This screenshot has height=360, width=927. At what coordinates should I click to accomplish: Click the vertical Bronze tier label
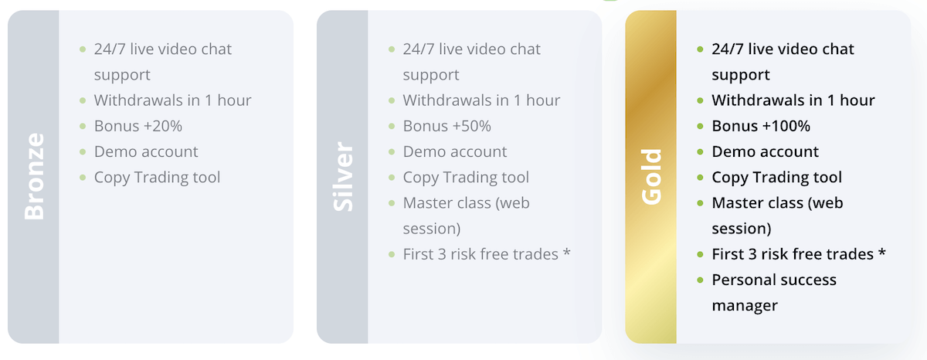[x=34, y=176]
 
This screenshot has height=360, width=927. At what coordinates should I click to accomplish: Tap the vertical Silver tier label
[x=343, y=177]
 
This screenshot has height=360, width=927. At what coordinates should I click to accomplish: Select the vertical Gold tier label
[x=651, y=177]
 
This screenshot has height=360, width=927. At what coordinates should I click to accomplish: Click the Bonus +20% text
[x=138, y=126]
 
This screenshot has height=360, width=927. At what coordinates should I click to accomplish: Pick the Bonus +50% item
[x=447, y=126]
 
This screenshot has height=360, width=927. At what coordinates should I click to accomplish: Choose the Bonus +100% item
[x=761, y=126]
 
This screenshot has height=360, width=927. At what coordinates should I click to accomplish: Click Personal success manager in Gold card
[x=774, y=293]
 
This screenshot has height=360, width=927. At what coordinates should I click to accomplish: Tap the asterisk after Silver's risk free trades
[x=566, y=252]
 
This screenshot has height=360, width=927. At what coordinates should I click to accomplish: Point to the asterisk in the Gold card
[x=881, y=252]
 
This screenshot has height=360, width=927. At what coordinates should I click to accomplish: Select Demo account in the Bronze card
[x=146, y=151]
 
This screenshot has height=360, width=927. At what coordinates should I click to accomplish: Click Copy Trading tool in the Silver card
[x=466, y=178]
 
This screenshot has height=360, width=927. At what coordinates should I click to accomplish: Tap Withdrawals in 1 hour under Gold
[x=793, y=100]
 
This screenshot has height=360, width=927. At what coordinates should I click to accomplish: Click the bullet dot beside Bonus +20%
[x=83, y=126]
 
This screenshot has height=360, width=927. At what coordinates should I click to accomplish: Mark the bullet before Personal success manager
[x=700, y=280]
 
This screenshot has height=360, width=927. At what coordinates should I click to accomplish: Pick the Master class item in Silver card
[x=466, y=216]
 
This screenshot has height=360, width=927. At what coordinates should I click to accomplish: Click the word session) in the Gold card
[x=741, y=229]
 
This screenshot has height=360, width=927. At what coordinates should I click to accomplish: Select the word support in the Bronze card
[x=122, y=75]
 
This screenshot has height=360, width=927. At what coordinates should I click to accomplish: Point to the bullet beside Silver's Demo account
[x=392, y=152]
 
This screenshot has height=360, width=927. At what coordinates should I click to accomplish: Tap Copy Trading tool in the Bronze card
[x=157, y=178]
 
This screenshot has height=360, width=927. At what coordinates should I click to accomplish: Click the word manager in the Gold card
[x=745, y=306]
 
